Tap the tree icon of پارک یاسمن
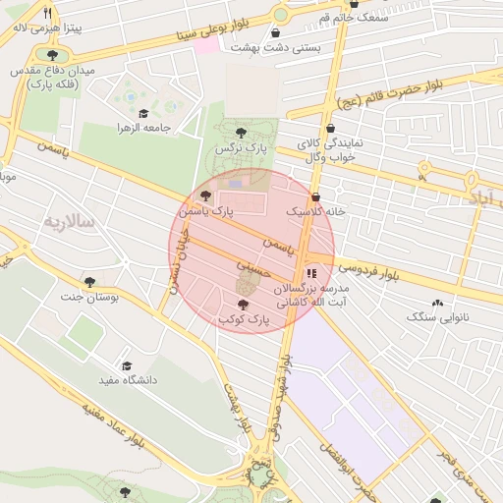coord(204,197)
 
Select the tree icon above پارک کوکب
coord(243,306)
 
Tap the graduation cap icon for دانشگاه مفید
coord(126,365)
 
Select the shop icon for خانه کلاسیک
coord(314,197)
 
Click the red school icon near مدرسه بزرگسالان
coord(311,273)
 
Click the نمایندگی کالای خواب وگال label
coord(329,150)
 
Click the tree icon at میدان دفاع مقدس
coord(50,56)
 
